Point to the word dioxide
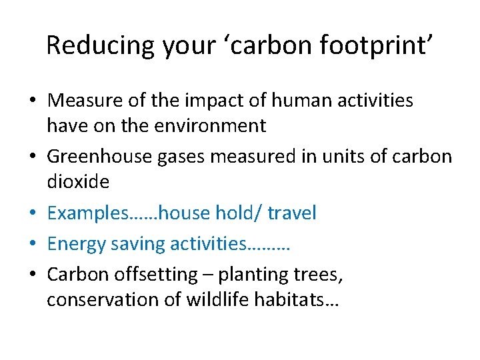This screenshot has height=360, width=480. [x=77, y=181]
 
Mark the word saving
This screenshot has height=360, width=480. [x=140, y=244]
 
